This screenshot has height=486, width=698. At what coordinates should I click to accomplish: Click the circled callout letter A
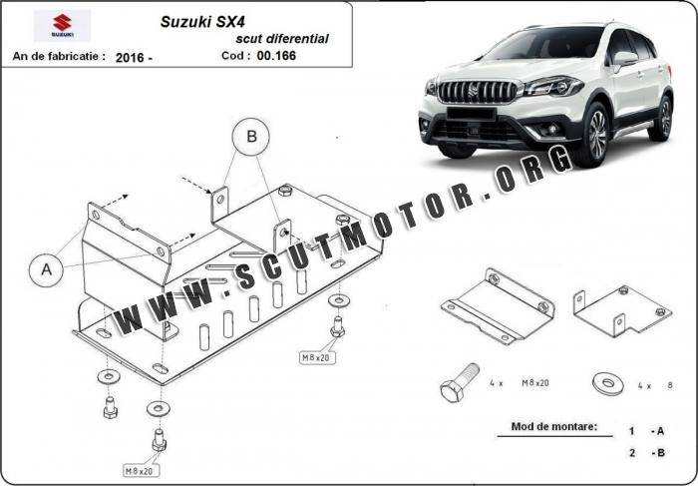click(x=47, y=267)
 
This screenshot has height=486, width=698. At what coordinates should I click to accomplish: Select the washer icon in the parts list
click(x=606, y=381)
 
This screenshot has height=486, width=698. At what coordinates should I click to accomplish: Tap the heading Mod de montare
click(x=554, y=427)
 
